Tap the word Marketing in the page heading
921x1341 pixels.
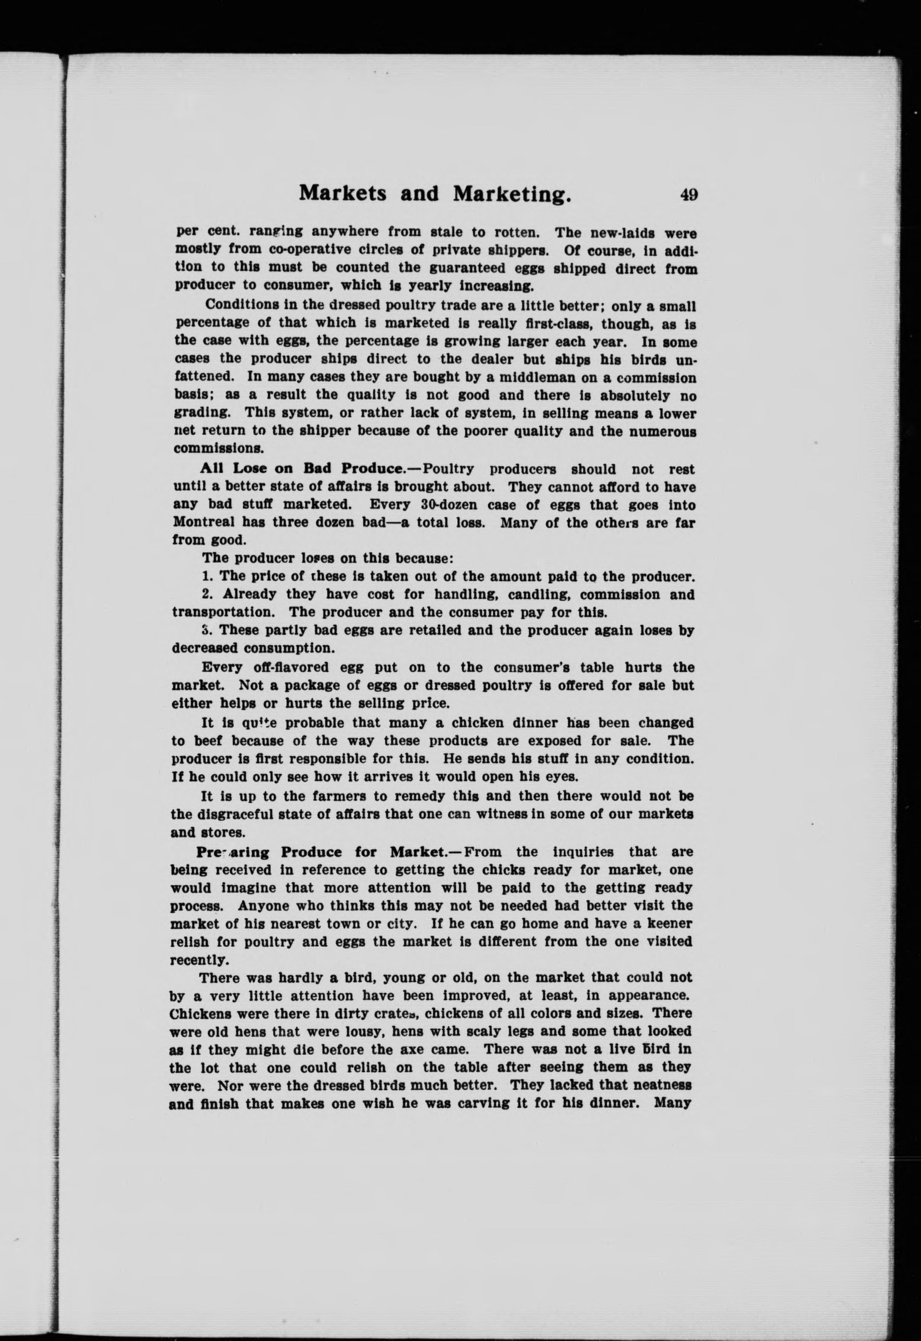point(513,194)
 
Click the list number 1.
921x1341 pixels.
point(207,577)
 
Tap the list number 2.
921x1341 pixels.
point(207,594)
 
